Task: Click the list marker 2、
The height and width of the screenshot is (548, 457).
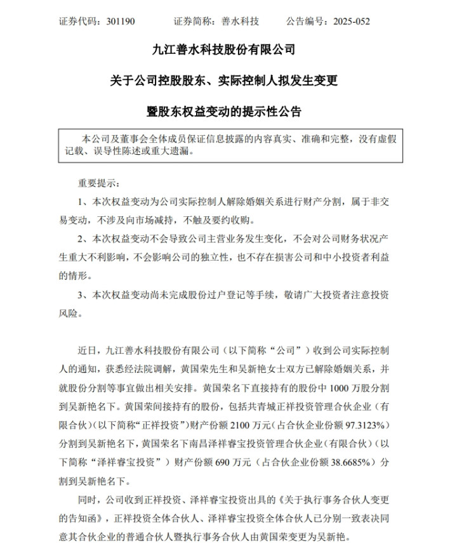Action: (x=82, y=239)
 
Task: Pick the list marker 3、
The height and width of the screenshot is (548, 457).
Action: (x=82, y=295)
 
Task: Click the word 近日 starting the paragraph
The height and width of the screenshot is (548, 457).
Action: (x=86, y=349)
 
